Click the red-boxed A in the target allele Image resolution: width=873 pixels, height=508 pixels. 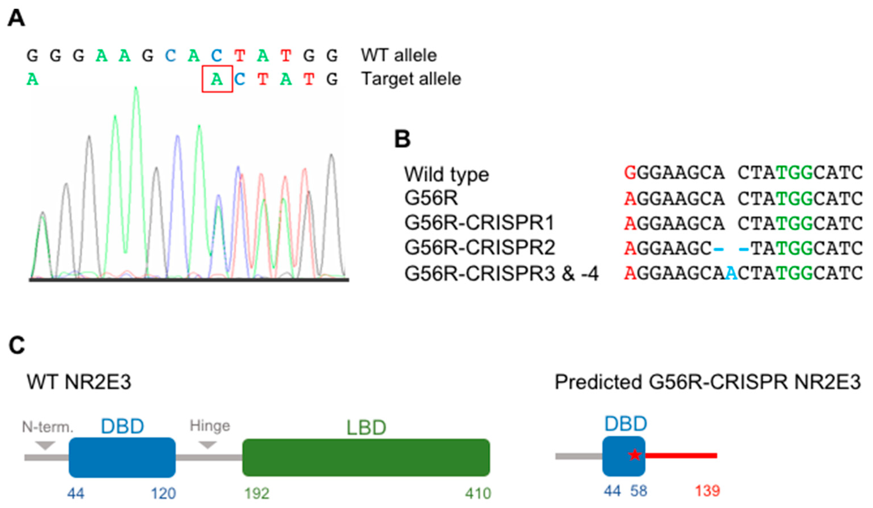coord(217,79)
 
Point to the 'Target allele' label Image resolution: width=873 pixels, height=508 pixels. coord(411,79)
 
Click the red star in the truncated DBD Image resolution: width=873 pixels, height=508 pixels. coord(635,455)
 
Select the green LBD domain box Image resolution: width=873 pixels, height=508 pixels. coord(366,457)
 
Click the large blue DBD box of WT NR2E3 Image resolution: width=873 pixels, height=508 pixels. coord(122,457)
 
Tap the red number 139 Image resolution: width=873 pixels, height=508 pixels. coord(707,491)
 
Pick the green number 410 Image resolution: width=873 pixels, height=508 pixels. coord(478,493)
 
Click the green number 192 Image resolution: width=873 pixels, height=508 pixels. coord(257,493)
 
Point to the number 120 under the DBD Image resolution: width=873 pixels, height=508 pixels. coord(163,493)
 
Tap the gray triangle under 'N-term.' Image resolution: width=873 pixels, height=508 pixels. coord(45,445)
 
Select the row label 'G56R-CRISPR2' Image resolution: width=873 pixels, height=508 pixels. coord(480,248)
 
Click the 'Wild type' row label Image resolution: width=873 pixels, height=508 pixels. coord(446,174)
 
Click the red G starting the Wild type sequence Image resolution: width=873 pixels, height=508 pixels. coord(630,173)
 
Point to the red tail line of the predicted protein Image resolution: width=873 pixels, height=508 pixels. coord(681,455)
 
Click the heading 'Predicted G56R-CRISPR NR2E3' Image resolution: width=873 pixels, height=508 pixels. coord(707,382)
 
